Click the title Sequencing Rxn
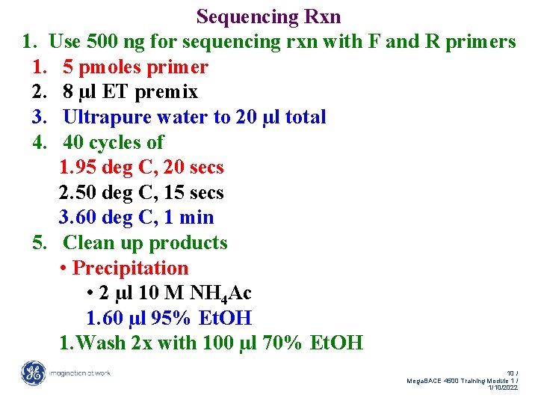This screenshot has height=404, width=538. (x=268, y=16)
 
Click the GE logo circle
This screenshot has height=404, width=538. (x=33, y=373)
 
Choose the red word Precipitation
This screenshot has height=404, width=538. (x=130, y=268)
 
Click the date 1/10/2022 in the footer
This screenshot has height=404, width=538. (x=502, y=388)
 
